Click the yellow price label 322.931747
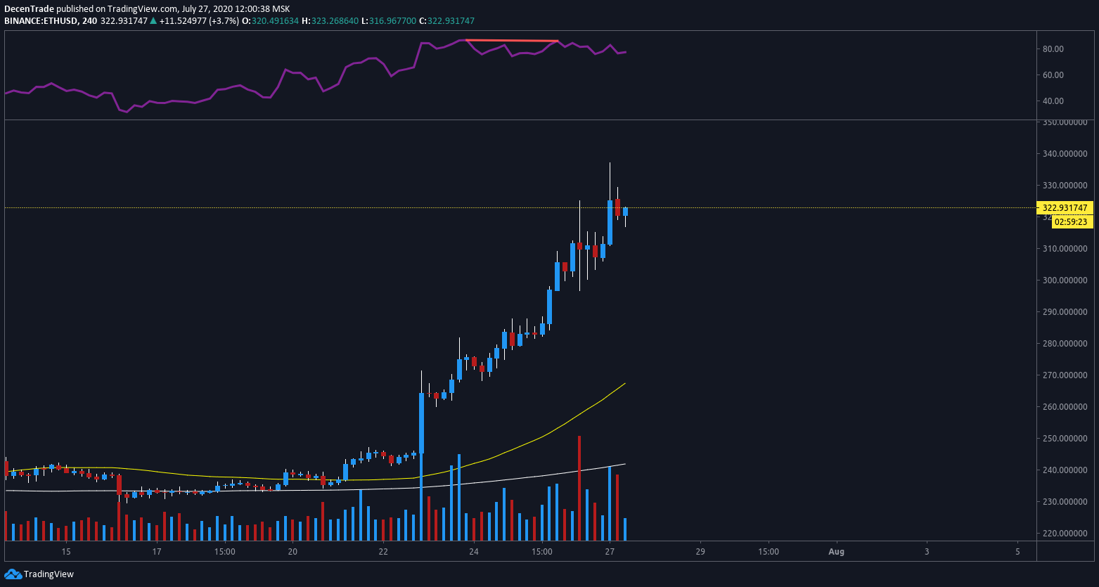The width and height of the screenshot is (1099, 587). click(x=1065, y=208)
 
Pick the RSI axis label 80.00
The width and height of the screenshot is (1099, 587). click(x=1053, y=49)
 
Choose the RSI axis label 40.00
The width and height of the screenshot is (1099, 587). click(x=1053, y=101)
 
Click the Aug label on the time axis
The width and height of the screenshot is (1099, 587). click(x=836, y=552)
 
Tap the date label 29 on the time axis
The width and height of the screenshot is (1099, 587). click(x=700, y=552)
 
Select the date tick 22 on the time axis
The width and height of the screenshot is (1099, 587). click(x=383, y=552)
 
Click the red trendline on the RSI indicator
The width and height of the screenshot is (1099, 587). click(x=512, y=41)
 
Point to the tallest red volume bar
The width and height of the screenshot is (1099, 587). click(x=579, y=488)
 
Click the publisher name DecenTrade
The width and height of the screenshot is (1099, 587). click(x=30, y=9)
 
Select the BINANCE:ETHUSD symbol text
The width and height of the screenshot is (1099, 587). click(x=39, y=21)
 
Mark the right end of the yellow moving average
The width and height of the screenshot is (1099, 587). click(x=624, y=384)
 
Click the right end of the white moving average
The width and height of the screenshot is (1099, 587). click(x=624, y=464)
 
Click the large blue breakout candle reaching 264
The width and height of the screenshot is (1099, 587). click(x=422, y=423)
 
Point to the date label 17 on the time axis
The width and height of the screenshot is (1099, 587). click(x=157, y=552)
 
